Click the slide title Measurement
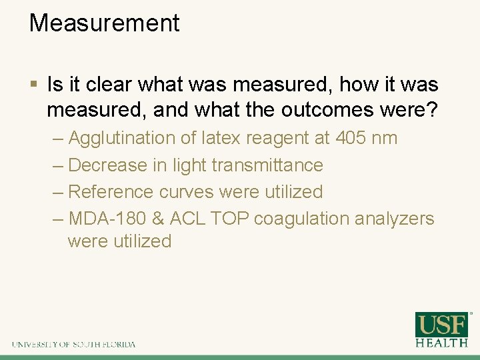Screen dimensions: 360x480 pos(104,23)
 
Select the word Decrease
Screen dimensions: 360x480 pos(109,165)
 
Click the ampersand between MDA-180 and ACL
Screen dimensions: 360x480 pos(158,219)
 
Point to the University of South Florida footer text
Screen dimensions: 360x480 pos(73,344)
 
